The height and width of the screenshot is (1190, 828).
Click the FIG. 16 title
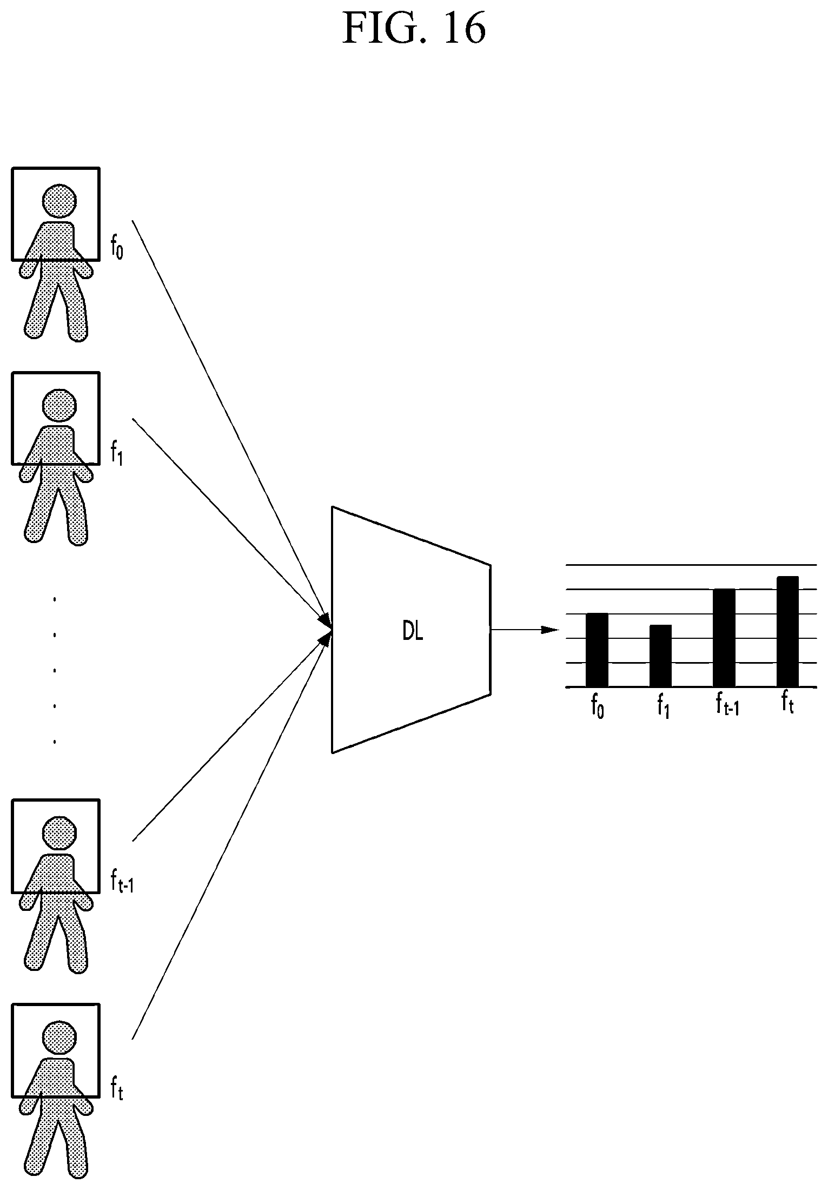[414, 28]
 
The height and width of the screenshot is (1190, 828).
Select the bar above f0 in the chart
[597, 650]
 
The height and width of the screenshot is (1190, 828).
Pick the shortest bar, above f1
[660, 656]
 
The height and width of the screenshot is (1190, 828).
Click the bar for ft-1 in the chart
[724, 638]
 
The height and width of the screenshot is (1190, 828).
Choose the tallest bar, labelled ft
[787, 631]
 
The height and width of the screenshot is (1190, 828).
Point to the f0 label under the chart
[598, 706]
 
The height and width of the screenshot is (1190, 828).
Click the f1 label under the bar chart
[663, 706]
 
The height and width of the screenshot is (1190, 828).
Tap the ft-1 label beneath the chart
[727, 705]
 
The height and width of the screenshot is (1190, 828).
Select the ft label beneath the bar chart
[787, 703]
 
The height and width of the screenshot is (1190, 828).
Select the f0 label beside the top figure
[117, 248]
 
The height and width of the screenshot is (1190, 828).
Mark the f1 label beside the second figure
[117, 453]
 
